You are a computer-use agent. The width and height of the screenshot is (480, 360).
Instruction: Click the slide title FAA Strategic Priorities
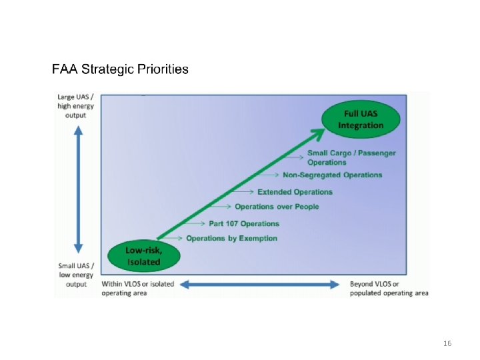[120, 69]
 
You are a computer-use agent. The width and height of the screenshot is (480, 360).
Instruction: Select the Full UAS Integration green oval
[361, 119]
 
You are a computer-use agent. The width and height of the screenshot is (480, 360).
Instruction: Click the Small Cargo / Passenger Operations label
[351, 157]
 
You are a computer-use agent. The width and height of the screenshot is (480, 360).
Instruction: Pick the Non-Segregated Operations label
[333, 175]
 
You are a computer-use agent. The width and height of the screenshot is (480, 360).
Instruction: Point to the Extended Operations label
[295, 192]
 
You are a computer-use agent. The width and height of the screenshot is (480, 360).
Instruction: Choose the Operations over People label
[277, 207]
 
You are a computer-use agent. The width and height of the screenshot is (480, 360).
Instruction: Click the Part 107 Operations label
[244, 223]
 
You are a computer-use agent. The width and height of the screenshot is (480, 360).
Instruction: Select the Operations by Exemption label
[231, 239]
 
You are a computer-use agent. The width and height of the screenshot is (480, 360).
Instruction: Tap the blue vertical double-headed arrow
[79, 189]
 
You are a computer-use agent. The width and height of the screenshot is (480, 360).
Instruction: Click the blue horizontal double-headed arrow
[261, 285]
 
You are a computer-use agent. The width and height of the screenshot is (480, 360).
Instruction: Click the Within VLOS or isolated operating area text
[137, 288]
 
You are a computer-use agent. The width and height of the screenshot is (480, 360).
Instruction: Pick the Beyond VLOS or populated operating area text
[389, 288]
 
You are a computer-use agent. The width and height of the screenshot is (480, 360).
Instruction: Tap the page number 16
[447, 343]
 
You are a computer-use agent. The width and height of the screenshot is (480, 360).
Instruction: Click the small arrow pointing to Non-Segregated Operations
[268, 175]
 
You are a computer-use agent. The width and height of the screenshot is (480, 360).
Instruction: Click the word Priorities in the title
[163, 69]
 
